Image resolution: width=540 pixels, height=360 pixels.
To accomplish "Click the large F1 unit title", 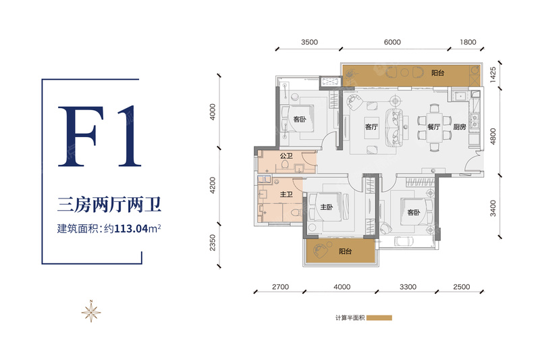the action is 99,136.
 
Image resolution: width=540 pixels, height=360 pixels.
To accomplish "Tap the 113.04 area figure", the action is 131,229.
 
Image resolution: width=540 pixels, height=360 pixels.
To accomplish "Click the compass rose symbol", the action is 91,311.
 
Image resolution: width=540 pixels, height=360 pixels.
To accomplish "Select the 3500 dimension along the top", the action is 309,42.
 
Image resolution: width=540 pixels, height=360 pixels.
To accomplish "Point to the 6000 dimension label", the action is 392,42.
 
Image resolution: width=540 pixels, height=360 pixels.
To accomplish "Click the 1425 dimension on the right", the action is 493,74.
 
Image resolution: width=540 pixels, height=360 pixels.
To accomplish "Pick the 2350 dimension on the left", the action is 213,242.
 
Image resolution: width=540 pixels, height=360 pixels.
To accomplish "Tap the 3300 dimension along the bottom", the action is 408,287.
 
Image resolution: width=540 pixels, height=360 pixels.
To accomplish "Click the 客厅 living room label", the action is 371,127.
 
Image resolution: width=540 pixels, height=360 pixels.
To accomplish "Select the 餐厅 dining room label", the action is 433,127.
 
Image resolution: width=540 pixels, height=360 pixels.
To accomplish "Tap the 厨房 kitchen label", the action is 460,127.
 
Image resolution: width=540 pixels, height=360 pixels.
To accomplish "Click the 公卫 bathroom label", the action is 286,156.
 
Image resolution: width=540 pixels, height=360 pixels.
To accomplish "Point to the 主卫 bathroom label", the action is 286,195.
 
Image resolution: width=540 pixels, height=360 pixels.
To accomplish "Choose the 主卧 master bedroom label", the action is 327,207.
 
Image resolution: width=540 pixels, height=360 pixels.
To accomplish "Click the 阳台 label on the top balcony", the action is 437,73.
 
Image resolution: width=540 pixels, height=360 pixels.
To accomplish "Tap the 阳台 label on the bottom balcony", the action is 345,251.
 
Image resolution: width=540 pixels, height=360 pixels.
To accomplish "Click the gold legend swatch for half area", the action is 379,317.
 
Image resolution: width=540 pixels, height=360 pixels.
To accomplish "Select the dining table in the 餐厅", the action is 434,127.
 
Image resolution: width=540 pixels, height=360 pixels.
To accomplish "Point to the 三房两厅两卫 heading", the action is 109,205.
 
